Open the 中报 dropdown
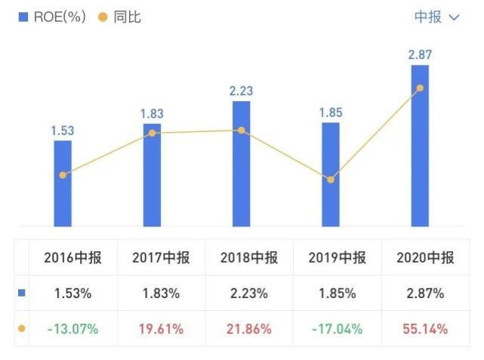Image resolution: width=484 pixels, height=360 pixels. pos(436,17)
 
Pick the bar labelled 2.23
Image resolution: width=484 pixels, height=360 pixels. pos(241,163)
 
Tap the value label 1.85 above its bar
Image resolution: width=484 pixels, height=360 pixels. pos(330,112)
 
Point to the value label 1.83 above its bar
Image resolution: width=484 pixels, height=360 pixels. pos(152,114)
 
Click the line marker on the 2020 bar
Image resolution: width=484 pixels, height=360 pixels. pos(420,88)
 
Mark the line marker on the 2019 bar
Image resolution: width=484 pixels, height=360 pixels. pos(330,180)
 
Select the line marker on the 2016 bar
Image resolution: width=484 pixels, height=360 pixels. pos(63,175)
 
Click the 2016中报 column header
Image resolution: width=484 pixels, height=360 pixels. pos(72,257)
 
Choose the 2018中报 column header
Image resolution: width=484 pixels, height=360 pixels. pos(249,257)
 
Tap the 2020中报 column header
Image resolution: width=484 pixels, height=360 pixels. pos(425,257)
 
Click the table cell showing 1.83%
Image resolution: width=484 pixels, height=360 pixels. pos(161,293)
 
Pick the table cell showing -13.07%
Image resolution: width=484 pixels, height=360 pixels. pos(72,329)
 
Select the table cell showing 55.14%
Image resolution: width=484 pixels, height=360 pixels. pos(425,329)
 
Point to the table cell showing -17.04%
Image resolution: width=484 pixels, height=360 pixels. pos(337,329)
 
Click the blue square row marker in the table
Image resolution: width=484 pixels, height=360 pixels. pos(21,293)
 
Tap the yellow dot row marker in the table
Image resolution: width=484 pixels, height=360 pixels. pos(21,329)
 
